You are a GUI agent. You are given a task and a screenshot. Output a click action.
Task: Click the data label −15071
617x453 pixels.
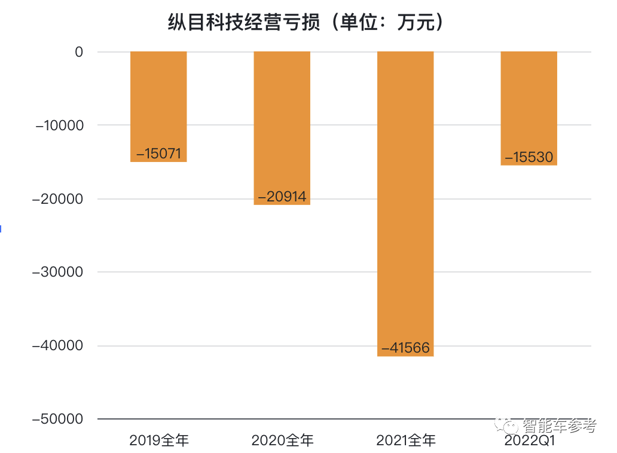158,154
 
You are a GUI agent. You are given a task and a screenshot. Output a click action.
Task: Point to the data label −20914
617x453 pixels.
282,197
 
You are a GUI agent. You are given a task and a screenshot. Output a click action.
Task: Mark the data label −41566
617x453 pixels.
405,348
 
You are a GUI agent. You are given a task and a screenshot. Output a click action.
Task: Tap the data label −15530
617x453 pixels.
529,158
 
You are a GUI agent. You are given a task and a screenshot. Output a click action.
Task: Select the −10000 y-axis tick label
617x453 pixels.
59,126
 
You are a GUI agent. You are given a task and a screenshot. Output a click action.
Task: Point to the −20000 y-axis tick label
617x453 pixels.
59,199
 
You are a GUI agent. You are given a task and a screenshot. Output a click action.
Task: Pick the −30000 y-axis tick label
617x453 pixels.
59,272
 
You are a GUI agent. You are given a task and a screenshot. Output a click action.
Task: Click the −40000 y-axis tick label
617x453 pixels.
59,346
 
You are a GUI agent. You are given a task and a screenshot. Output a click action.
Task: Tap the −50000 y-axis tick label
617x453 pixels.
59,419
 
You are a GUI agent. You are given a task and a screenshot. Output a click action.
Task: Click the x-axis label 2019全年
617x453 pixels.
159,441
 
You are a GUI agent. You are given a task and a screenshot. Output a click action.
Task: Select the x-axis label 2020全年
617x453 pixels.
282,441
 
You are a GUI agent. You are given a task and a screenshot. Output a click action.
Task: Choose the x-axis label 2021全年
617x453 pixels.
406,441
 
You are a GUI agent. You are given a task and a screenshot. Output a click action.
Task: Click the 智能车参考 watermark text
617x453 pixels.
559,426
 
